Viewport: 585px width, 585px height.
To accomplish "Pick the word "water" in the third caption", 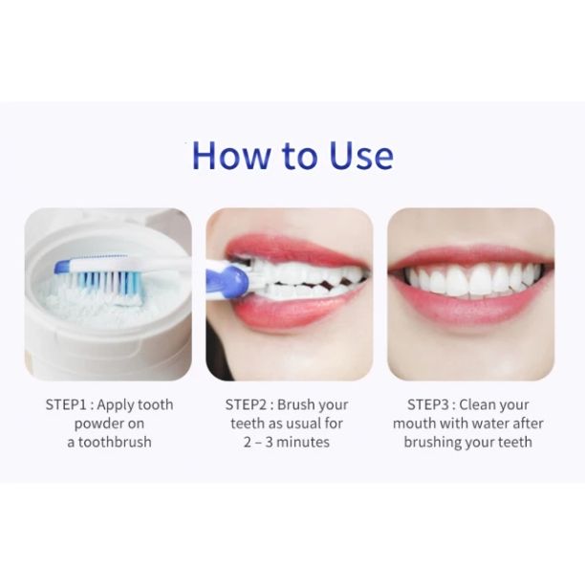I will pos(486,423).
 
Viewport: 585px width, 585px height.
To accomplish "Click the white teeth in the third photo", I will pos(468,280).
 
